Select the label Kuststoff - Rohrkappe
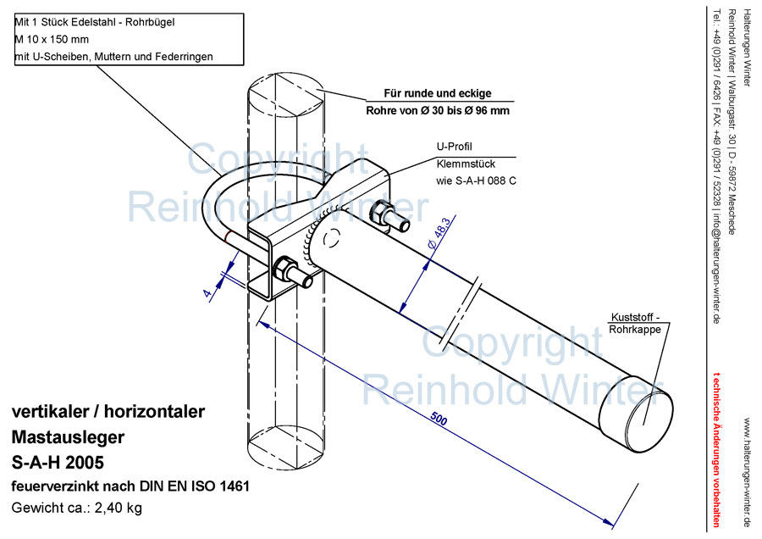(x=636, y=323)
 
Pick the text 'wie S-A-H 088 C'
(x=476, y=180)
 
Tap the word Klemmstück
(x=465, y=163)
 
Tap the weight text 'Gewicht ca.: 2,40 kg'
(x=76, y=508)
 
